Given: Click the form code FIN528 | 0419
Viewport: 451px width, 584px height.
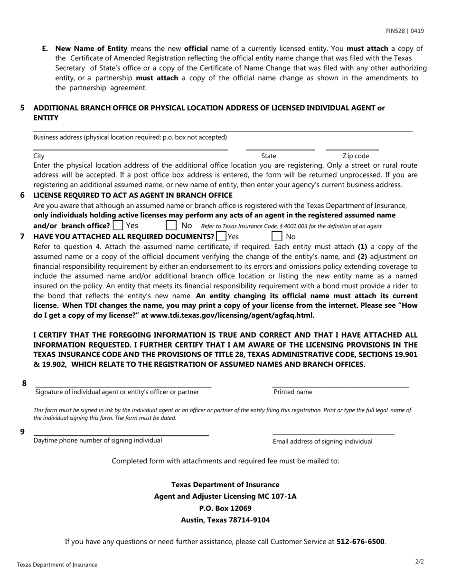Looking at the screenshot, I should tap(405, 31).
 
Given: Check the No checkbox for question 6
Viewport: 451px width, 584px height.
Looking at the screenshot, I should tap(171, 226).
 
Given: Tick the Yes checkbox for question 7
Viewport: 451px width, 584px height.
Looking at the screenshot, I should tap(221, 236).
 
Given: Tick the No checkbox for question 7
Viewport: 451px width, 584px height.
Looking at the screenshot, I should tap(277, 236).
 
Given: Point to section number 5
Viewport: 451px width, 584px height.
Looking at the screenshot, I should tap(22, 108).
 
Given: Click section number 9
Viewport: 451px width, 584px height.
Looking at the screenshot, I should tap(22, 431).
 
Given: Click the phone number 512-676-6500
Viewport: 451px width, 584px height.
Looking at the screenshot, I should tap(360, 541).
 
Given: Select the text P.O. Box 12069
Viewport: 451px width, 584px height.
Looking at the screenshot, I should tap(225, 508).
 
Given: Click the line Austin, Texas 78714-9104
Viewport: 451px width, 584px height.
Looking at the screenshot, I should tap(225, 520).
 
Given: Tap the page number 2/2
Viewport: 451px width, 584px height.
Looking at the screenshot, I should tap(419, 562).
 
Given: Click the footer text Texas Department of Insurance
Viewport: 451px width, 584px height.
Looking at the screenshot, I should tap(57, 565).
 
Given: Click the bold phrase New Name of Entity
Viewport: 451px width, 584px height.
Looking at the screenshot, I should tap(91, 48).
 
